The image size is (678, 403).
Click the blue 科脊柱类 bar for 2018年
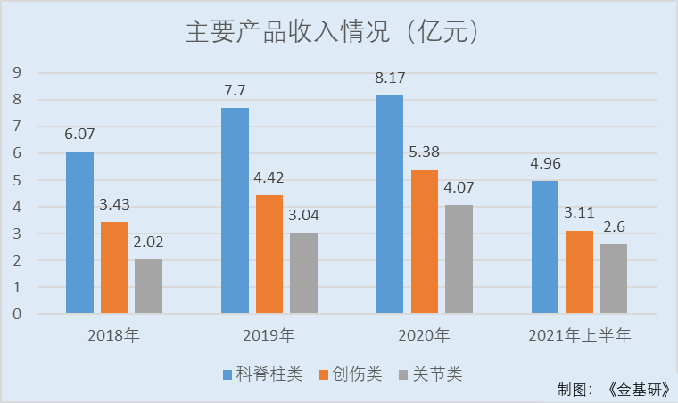79,233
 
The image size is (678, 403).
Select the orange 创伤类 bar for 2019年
269,254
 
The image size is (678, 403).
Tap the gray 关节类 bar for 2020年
459,259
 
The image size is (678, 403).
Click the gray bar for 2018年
149,286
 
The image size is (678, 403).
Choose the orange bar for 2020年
425,242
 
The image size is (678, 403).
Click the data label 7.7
235,90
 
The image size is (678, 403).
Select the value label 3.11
580,214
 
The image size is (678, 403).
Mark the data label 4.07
459,189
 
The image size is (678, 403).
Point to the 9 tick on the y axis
17,73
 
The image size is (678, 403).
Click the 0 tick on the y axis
17,314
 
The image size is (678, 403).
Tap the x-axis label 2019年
269,336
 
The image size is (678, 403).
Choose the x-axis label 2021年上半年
579,336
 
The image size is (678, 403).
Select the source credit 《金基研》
638,390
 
